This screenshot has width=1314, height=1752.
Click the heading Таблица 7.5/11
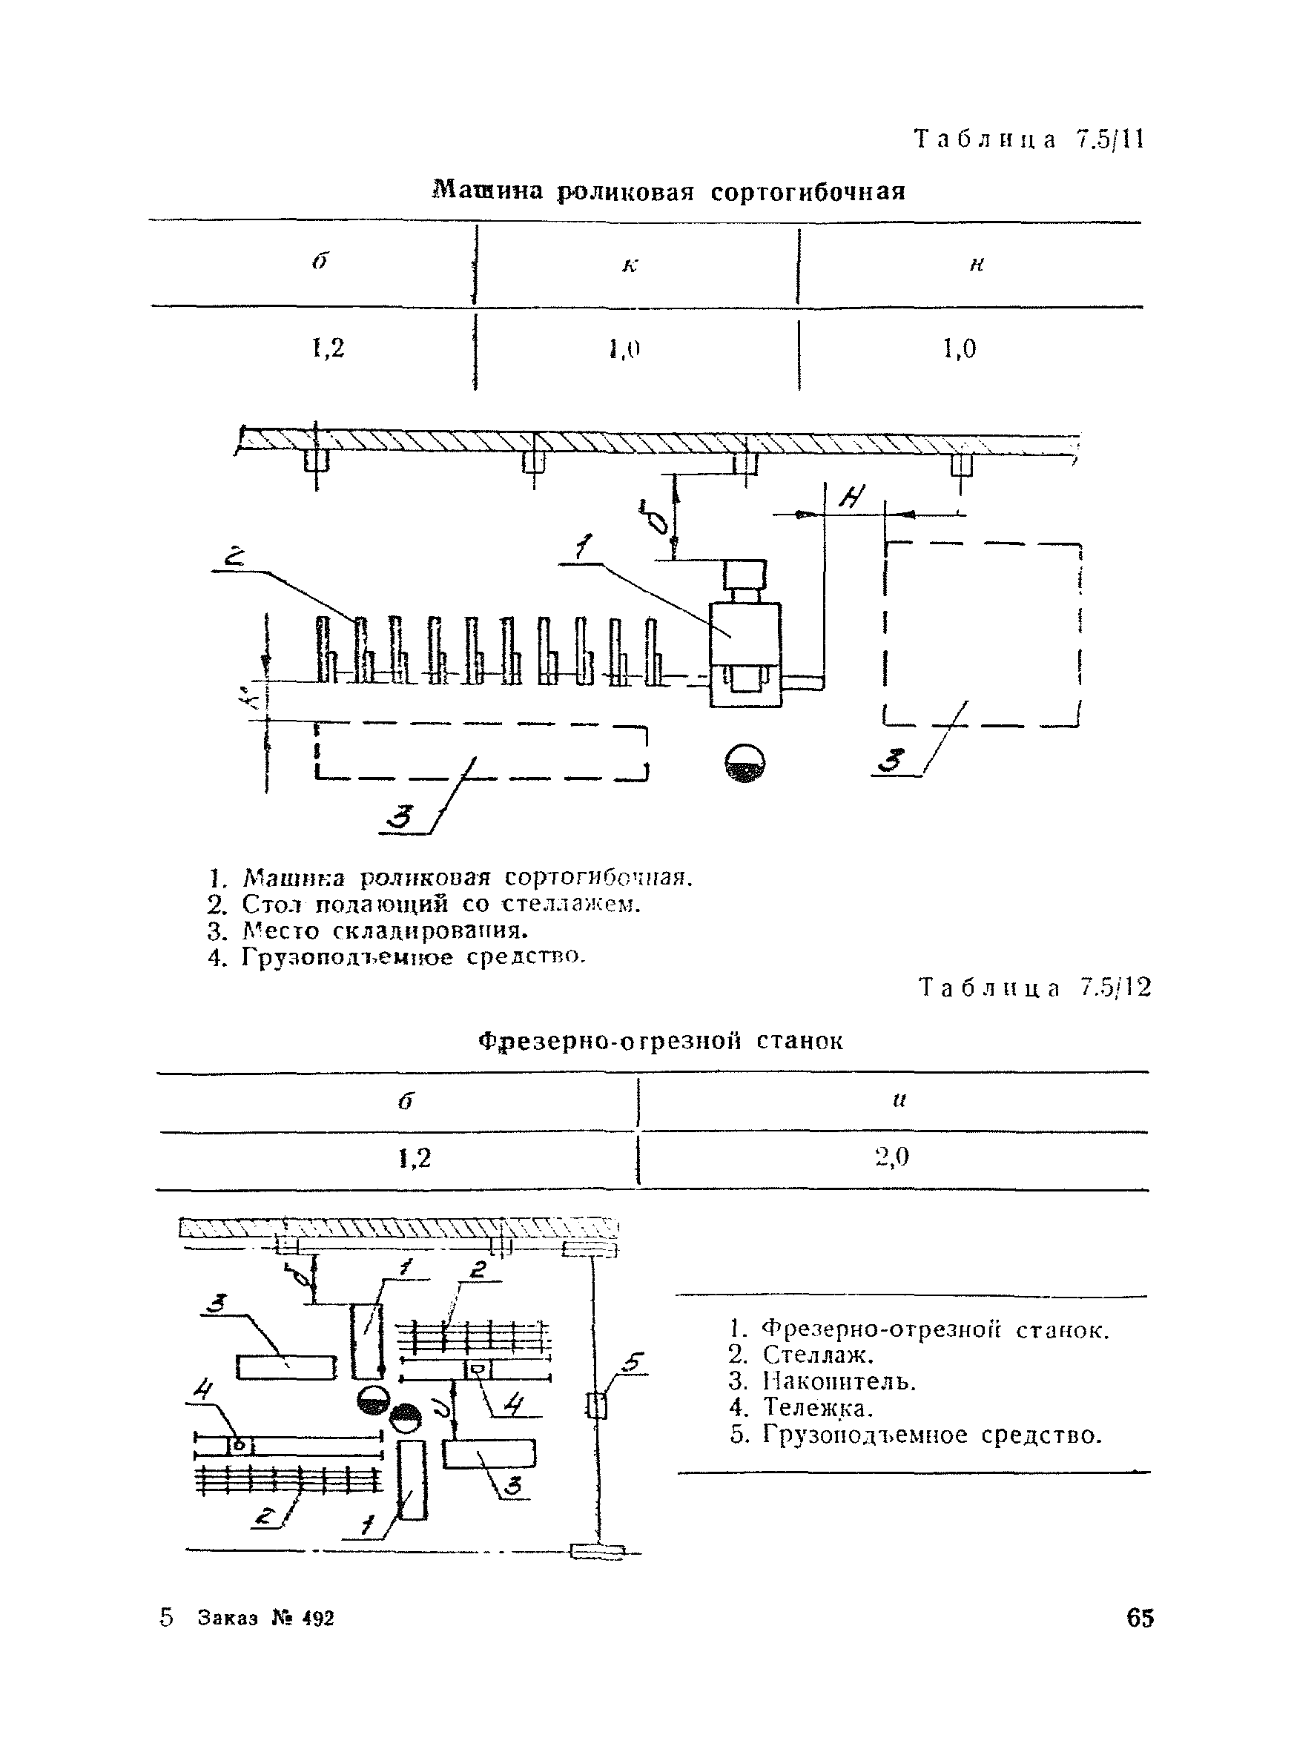1029,140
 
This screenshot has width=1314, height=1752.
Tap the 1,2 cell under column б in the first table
328,348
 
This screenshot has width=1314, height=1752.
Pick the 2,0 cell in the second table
892,1158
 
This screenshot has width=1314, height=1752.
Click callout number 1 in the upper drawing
584,547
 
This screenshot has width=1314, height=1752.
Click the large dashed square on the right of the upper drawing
982,634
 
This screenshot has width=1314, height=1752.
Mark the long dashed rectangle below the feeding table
481,751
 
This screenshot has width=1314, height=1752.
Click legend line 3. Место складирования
368,930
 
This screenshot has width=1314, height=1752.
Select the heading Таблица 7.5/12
1034,988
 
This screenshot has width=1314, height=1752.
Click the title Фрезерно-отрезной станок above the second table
661,1040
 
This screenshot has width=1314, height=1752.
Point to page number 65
1139,1617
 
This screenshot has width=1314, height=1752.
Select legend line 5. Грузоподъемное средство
916,1435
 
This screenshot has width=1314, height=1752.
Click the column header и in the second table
898,1100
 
